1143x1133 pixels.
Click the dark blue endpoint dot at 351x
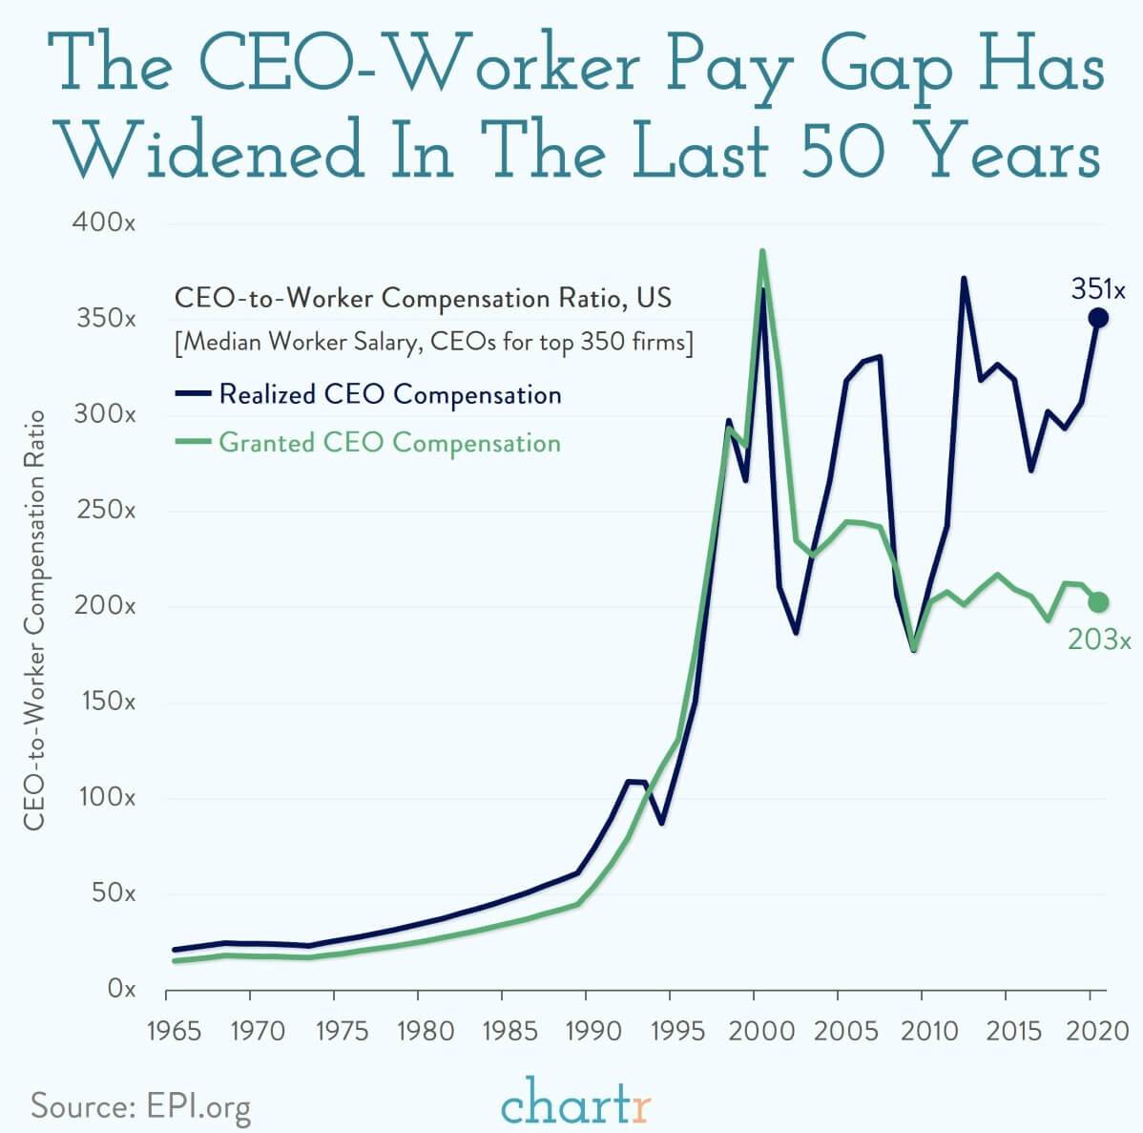1098,318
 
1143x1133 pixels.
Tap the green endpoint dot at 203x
1098,601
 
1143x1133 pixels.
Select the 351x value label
1098,288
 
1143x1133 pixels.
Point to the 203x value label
1099,640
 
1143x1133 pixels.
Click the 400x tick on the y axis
103,223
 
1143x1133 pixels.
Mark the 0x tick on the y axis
119,990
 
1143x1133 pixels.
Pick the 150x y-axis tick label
104,702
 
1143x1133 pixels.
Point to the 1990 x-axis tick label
586,1032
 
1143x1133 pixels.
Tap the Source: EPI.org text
141,1106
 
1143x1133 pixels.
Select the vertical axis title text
34,619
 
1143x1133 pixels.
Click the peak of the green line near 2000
761,251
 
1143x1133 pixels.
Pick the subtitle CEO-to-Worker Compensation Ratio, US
423,298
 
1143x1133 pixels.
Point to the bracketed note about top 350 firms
434,342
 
